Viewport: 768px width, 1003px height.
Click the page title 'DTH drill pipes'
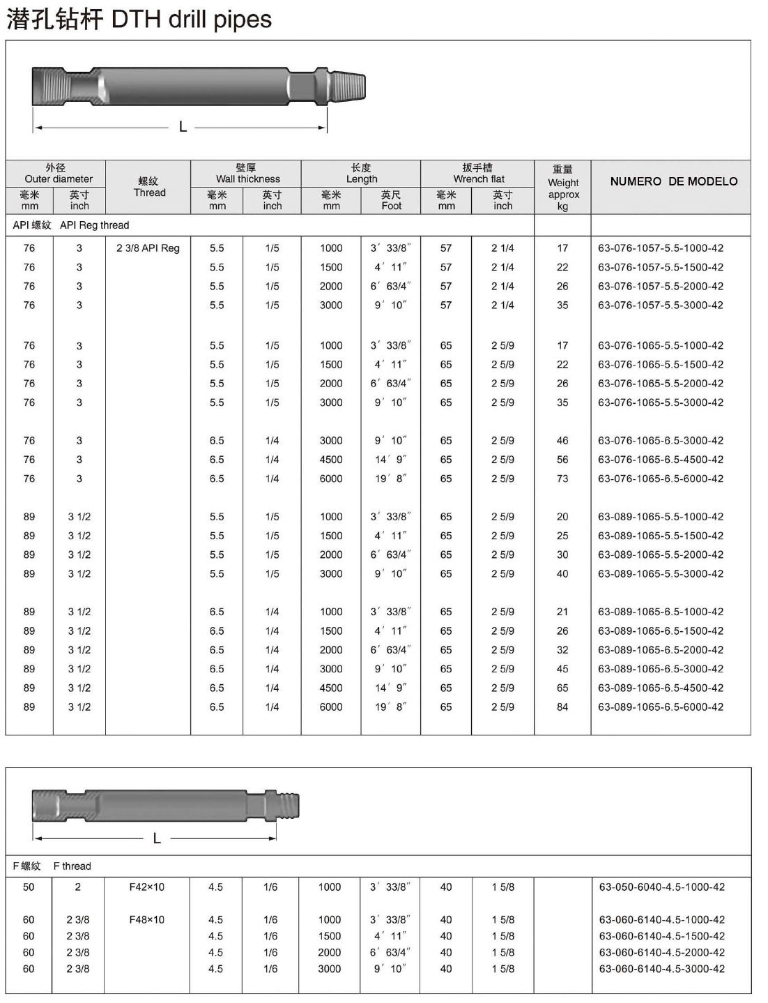[x=191, y=19]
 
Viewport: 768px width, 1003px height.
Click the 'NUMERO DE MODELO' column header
[x=673, y=181]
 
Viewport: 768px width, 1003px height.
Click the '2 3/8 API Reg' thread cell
[x=148, y=248]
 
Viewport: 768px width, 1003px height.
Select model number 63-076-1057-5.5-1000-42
[x=661, y=248]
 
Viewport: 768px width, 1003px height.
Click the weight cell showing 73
[x=562, y=478]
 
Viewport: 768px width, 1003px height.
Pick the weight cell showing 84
[x=562, y=707]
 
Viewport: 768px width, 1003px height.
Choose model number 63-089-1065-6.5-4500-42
[x=661, y=688]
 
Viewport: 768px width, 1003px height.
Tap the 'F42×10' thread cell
[x=147, y=887]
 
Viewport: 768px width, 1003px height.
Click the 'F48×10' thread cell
[x=147, y=920]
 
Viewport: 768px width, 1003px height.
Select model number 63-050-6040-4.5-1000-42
[x=662, y=887]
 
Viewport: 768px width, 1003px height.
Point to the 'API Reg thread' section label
[x=94, y=225]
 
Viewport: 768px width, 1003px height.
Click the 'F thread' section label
[x=72, y=866]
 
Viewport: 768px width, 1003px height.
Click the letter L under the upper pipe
[x=183, y=127]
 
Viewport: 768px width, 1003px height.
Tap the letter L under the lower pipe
[x=157, y=838]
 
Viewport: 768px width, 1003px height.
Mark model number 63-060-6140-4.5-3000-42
[x=662, y=969]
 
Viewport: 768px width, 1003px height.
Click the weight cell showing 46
[x=562, y=441]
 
